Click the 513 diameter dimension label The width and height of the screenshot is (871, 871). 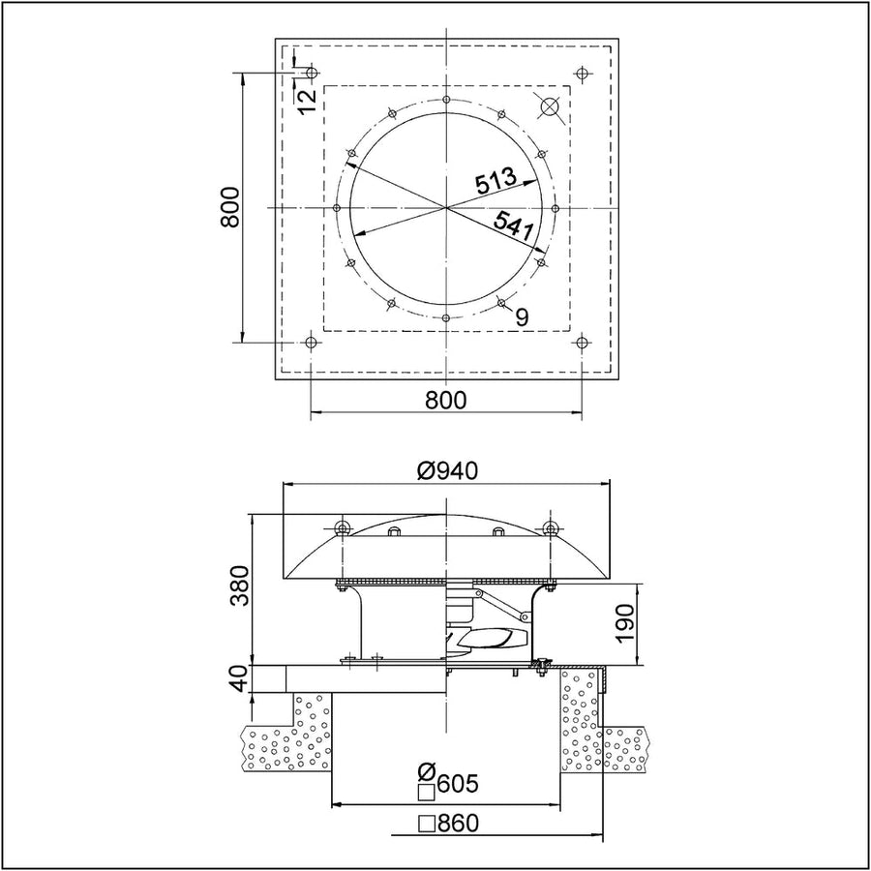pos(496,182)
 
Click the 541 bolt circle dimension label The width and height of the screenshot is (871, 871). pos(514,225)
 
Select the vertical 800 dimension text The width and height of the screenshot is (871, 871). pos(229,207)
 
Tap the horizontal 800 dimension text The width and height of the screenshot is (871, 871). pos(446,400)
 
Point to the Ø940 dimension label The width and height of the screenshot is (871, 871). pos(447,471)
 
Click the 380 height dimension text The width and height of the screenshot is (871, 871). pos(241,586)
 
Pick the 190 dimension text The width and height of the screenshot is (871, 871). pos(625,622)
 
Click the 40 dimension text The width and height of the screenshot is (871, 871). pos(241,679)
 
